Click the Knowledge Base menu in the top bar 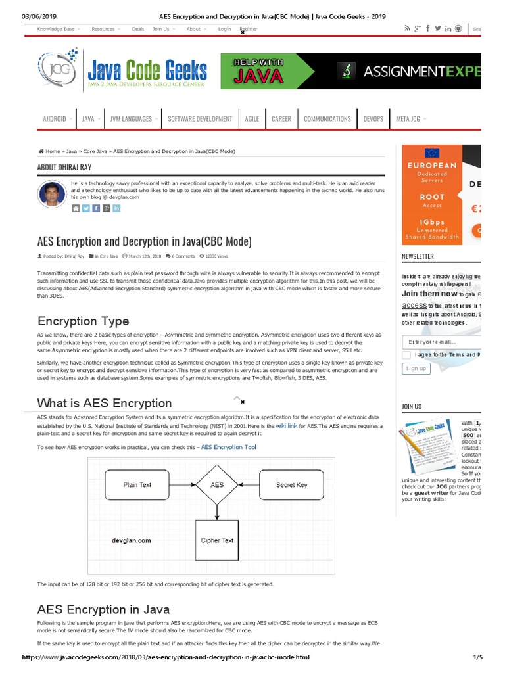(55, 29)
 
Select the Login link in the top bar (224, 29)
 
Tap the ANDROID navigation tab (55, 119)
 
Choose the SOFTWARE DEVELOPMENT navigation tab (200, 119)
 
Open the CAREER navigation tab (281, 119)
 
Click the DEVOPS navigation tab (373, 119)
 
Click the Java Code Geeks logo (123, 70)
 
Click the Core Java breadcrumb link (95, 151)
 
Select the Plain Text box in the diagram (137, 485)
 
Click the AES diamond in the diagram (216, 485)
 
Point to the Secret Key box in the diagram (291, 485)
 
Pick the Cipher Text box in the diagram (216, 540)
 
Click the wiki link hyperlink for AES (286, 426)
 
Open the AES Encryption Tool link (228, 447)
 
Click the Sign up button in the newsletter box (416, 369)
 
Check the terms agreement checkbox (406, 355)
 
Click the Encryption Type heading (84, 321)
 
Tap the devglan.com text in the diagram (131, 540)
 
